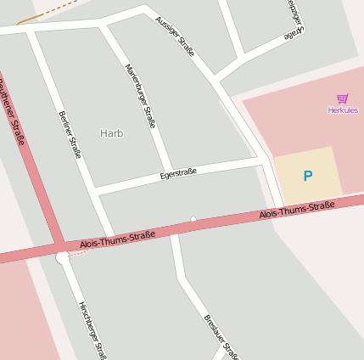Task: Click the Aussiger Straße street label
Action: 176,36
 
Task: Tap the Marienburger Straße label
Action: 140,94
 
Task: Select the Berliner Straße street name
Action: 70,135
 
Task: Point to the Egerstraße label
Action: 178,173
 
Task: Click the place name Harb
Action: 111,133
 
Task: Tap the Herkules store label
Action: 343,110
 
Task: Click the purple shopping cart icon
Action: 342,98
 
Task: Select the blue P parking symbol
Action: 307,177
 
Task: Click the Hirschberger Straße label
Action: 92,329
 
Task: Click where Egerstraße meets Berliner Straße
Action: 98,194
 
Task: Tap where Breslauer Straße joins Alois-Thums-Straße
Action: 173,232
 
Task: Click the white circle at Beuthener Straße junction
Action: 61,256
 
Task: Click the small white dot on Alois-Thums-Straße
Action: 193,220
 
